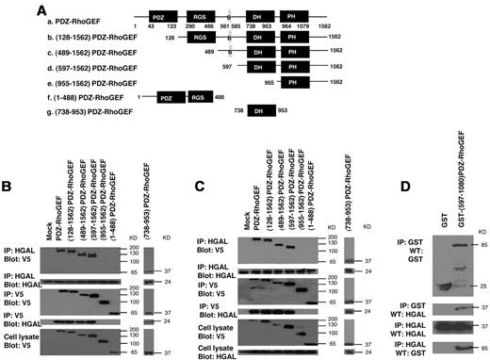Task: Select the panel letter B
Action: coord(7,157)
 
